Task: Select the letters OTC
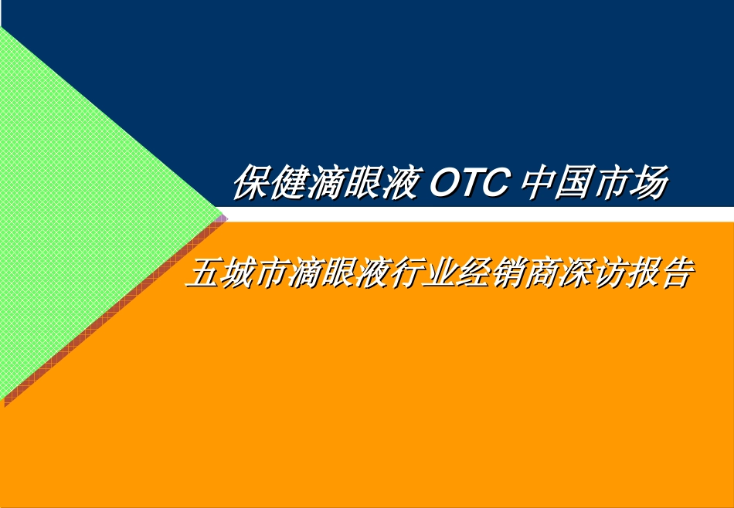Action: pyautogui.click(x=468, y=183)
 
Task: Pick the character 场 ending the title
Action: pyautogui.click(x=648, y=182)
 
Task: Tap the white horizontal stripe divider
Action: pyautogui.click(x=477, y=214)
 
